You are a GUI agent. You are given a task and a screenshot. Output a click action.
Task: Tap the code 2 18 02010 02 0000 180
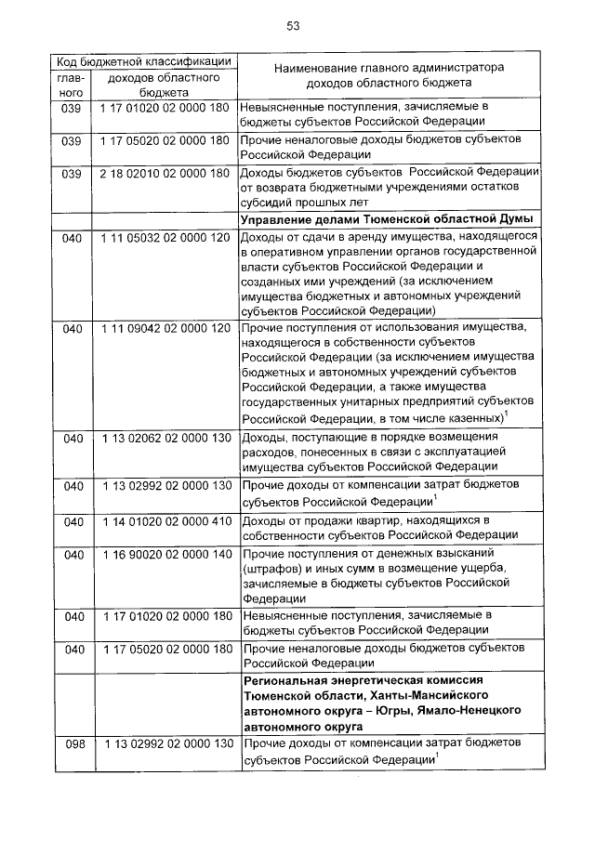pyautogui.click(x=165, y=174)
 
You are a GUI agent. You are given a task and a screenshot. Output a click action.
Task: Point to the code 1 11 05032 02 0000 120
pyautogui.click(x=165, y=238)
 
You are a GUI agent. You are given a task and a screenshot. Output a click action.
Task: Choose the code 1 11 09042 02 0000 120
pyautogui.click(x=165, y=329)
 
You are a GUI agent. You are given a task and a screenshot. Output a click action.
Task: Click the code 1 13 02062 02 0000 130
pyautogui.click(x=165, y=438)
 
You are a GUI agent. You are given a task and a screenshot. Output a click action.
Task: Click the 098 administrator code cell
pyautogui.click(x=73, y=745)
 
